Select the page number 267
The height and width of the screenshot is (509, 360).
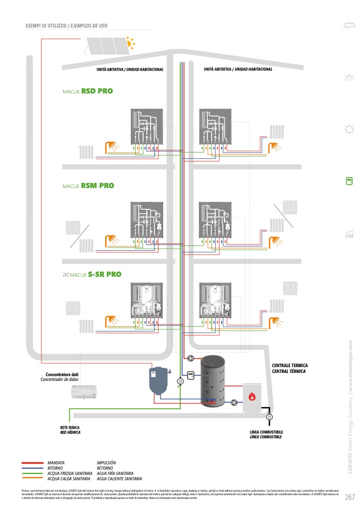349,497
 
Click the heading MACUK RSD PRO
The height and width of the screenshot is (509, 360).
88,91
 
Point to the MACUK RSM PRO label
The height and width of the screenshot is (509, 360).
88,186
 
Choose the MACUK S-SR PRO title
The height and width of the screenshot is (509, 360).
92,275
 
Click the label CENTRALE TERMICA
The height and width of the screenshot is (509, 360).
290,366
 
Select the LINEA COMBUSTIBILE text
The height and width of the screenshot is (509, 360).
266,432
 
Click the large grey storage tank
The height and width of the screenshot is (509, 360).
213,381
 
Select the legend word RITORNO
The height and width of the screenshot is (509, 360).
56,468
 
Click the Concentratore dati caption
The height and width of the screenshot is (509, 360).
62,375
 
